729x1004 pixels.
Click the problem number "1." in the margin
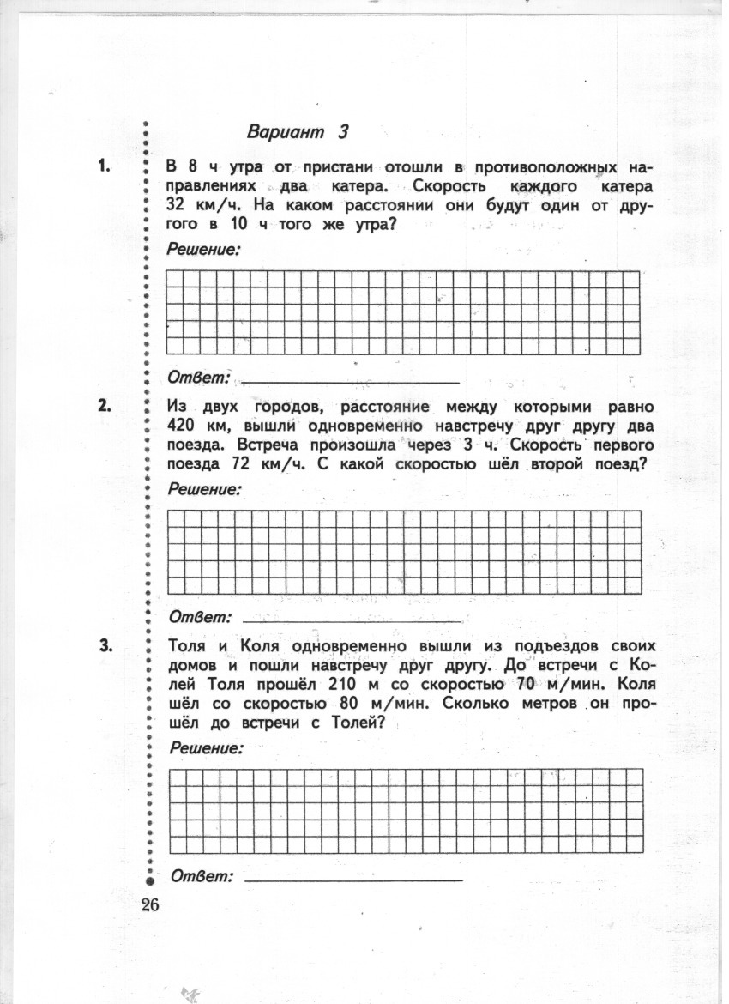pos(105,166)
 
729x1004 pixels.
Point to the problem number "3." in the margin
pos(105,646)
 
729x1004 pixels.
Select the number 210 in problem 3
pos(341,685)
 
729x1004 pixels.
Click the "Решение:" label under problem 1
pos(203,249)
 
